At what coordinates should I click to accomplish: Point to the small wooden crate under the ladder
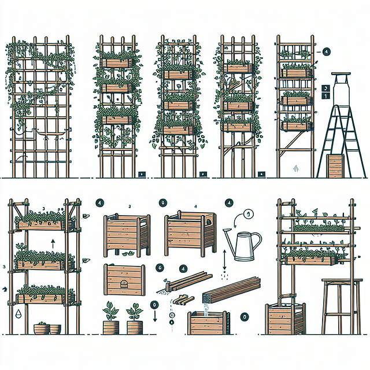point(335,166)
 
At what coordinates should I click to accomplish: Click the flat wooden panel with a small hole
point(124,280)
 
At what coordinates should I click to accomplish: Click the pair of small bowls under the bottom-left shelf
point(47,329)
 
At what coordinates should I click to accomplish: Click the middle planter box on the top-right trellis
point(295,99)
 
